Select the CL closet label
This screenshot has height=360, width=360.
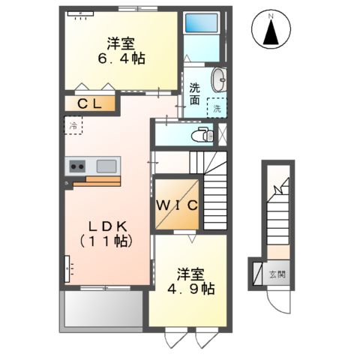tap(91, 103)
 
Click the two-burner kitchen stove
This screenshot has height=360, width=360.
tap(78, 166)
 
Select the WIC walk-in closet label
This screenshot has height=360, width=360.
tap(177, 205)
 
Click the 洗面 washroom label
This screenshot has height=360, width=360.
tap(194, 93)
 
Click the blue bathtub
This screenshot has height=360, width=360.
tap(200, 25)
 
